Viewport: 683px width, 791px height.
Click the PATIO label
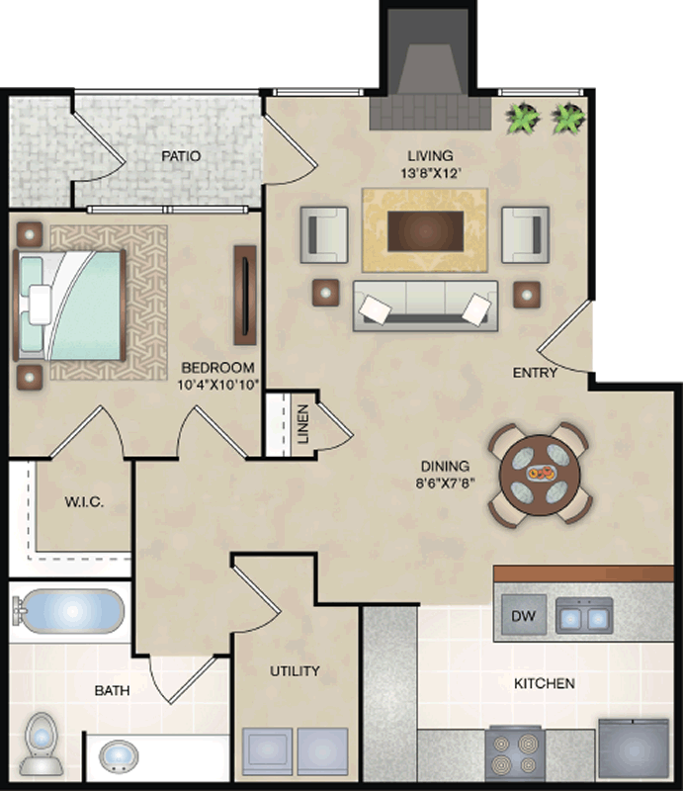pos(181,156)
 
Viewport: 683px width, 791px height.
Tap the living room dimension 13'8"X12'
pos(431,174)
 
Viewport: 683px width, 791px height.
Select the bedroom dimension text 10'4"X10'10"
pos(217,385)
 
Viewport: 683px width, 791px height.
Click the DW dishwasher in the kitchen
pos(524,614)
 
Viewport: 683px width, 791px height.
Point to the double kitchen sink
pos(584,616)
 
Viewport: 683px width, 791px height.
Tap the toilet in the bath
pos(43,744)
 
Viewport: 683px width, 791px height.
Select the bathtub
pos(69,611)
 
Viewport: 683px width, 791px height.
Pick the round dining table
pos(540,475)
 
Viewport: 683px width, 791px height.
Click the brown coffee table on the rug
pos(425,231)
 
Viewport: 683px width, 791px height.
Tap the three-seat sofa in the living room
pos(425,306)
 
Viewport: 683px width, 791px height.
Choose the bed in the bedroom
pos(69,305)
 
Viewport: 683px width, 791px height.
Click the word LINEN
pos(303,424)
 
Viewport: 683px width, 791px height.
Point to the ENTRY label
pos(535,373)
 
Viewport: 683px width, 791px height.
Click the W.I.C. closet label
pos(84,502)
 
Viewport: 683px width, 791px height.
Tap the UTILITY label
pos(295,671)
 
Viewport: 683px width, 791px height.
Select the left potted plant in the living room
pos(523,119)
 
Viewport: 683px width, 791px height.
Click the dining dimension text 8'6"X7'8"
pos(446,483)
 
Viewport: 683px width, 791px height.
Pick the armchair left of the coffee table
pos(324,234)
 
